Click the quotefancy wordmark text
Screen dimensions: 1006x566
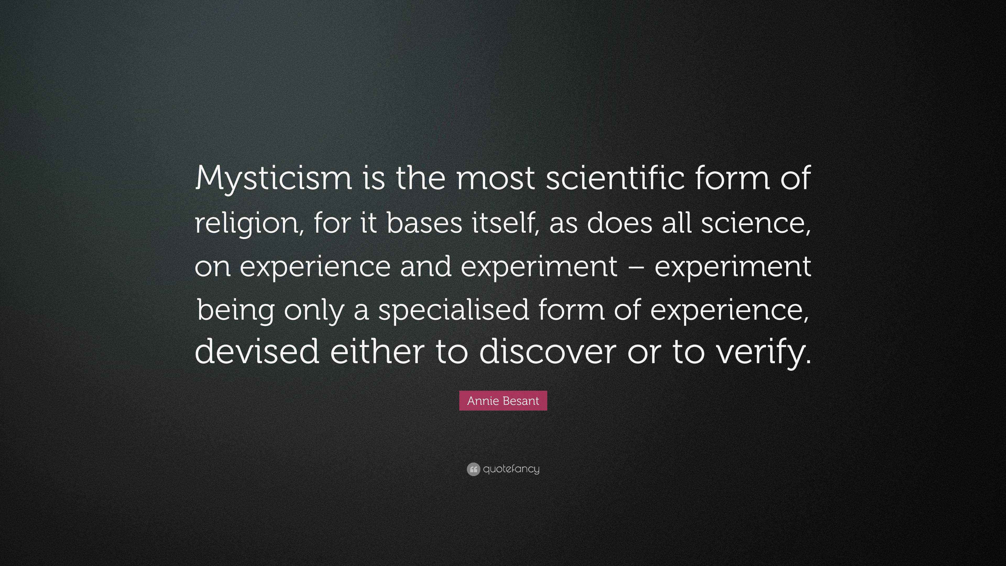pos(511,469)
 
